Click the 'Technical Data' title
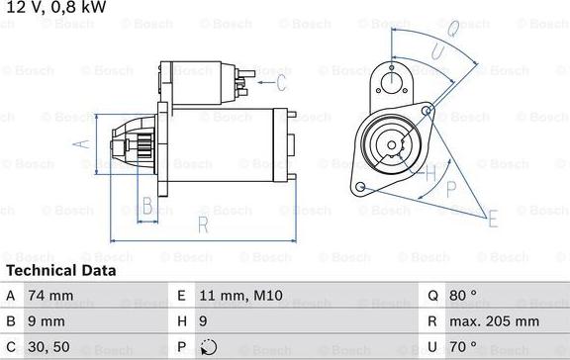pos(60,270)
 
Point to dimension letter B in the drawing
pos(146,207)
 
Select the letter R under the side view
pos(203,226)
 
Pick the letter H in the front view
pos(429,174)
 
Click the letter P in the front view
pos(452,188)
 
